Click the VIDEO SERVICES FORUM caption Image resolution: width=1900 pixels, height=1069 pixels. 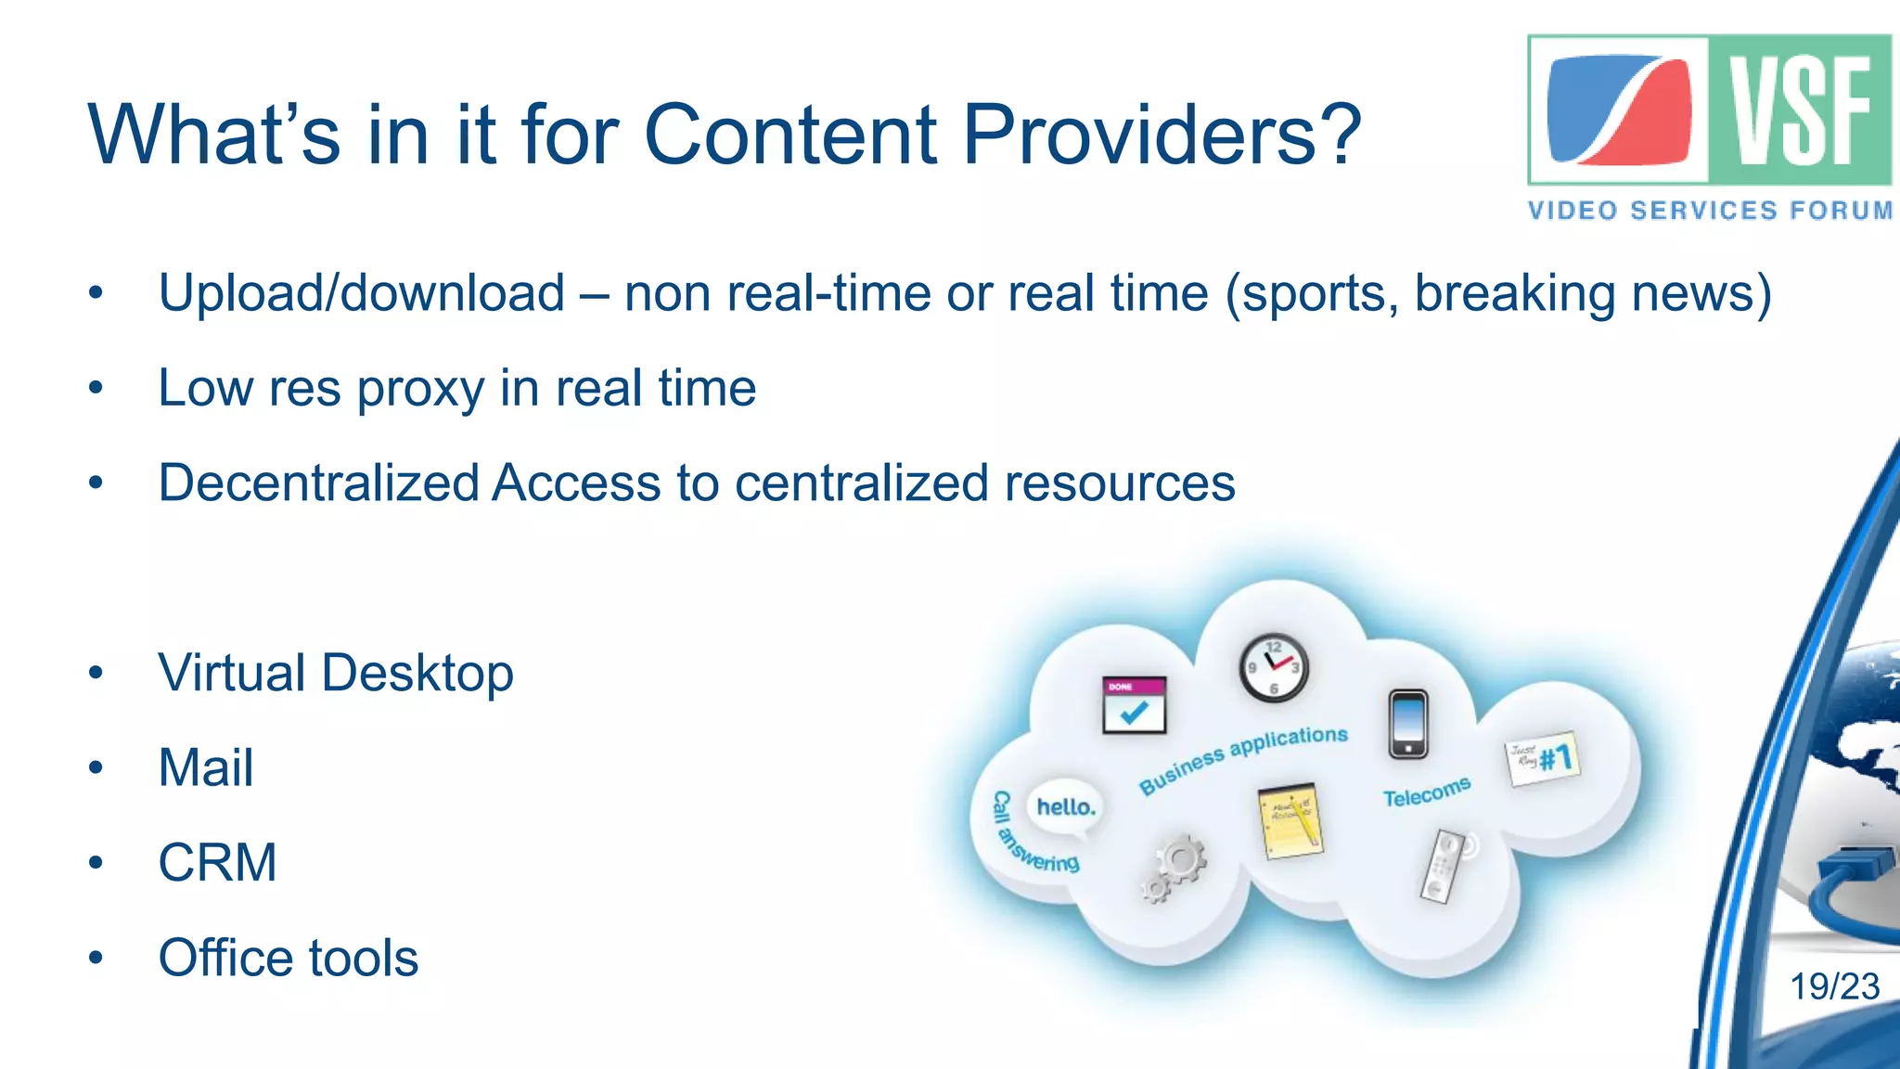click(x=1710, y=211)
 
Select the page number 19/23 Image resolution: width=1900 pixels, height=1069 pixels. click(x=1834, y=986)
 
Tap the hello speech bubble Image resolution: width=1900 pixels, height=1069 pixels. click(x=1065, y=806)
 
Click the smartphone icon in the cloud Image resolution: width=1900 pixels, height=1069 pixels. click(x=1407, y=724)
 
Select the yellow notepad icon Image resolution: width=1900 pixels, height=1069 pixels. click(x=1289, y=820)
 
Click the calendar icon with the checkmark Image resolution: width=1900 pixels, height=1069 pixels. click(x=1134, y=705)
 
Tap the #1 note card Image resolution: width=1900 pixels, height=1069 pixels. click(x=1541, y=759)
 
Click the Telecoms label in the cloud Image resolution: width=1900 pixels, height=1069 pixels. click(x=1426, y=792)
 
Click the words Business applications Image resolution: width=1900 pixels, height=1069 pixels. click(x=1242, y=759)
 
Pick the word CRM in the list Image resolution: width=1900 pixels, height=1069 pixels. click(x=217, y=863)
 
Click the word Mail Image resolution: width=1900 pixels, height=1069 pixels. click(x=205, y=768)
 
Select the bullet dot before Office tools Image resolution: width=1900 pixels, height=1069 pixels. click(x=96, y=958)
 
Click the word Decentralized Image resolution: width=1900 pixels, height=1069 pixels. click(x=318, y=483)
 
